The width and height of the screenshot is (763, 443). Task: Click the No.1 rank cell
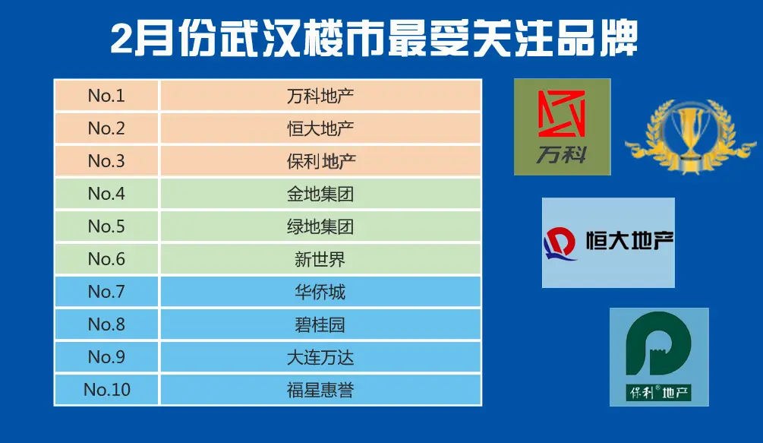pos(106,96)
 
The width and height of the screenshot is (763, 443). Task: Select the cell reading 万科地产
pos(320,96)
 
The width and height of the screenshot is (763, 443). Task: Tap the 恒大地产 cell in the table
pos(320,128)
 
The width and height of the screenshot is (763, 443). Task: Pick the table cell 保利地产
pos(320,160)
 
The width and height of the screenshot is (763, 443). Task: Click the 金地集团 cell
pos(320,193)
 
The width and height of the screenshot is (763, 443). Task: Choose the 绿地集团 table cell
pos(320,226)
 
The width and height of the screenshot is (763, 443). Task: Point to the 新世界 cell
pos(320,258)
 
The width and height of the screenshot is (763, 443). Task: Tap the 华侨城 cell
pos(320,291)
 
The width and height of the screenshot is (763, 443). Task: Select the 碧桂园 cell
pos(320,324)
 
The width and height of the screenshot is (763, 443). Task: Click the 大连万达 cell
pos(320,356)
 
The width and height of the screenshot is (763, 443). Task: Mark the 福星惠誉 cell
pos(320,390)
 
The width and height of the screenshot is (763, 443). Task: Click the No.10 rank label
pos(107,390)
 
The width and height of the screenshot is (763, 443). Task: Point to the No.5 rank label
pos(106,226)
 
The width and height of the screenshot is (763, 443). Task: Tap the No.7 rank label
pos(106,291)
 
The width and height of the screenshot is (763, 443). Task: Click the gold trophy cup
pos(690,134)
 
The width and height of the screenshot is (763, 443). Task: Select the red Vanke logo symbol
pos(561,113)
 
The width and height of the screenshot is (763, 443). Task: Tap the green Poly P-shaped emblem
pos(658,344)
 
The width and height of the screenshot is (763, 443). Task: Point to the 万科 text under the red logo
pos(561,155)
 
